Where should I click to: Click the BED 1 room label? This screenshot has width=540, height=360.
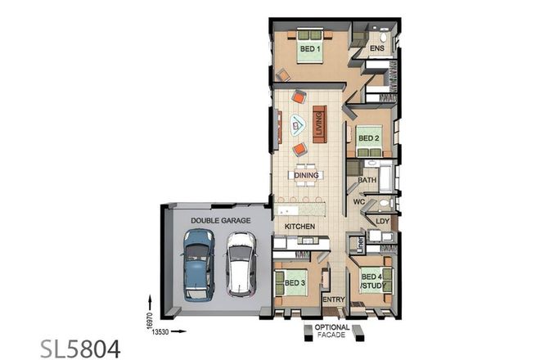click(x=309, y=50)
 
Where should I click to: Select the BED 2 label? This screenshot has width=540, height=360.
click(x=369, y=139)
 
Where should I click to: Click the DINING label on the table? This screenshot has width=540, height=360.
click(x=306, y=174)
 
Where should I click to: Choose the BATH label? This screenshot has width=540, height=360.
click(x=367, y=180)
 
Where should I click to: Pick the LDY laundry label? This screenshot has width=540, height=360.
click(x=382, y=221)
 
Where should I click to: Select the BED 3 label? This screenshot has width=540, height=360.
click(x=295, y=282)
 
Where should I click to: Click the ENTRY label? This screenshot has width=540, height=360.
click(x=334, y=299)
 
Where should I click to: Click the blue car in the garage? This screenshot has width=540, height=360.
click(x=198, y=263)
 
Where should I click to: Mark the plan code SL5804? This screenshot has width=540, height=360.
click(x=81, y=348)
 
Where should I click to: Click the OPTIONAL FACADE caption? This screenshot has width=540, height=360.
click(x=331, y=331)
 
